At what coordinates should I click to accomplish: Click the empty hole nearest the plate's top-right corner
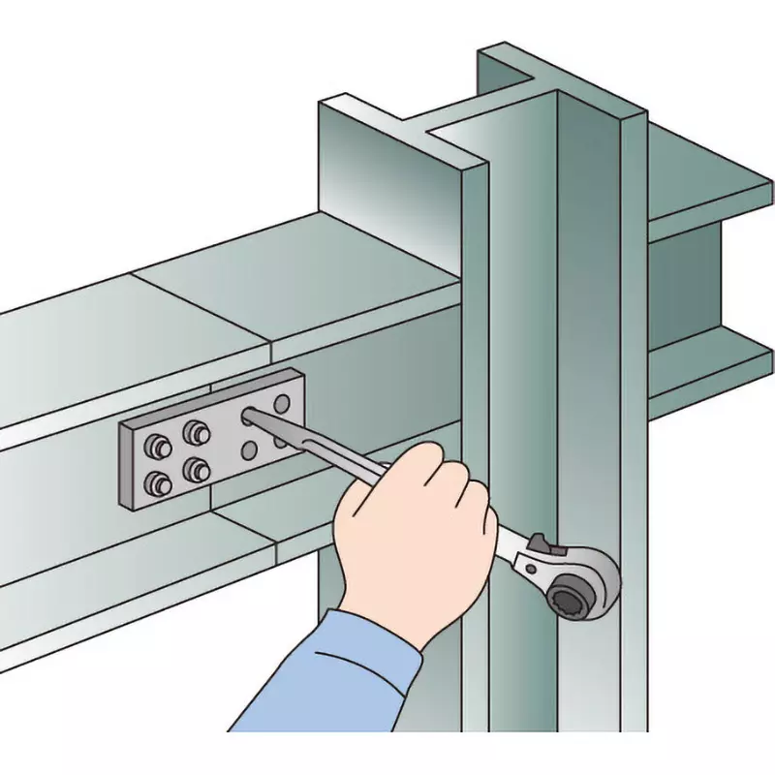[282, 401]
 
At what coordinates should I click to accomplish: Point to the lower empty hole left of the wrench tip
[250, 449]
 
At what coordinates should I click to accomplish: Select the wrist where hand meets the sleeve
[387, 620]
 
